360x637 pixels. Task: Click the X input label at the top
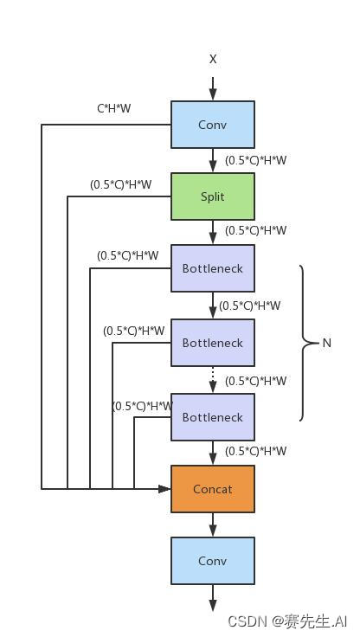coord(213,59)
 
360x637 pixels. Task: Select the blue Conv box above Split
coord(212,125)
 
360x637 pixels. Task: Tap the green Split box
coord(212,196)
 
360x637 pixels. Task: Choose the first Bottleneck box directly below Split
coord(212,268)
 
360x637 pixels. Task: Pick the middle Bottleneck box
coord(212,343)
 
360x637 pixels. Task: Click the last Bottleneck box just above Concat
coord(212,417)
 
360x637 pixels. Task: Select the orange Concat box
coord(212,489)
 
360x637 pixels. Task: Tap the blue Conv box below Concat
coord(212,561)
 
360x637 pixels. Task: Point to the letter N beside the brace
coord(326,343)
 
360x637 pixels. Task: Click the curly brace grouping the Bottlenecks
coord(305,343)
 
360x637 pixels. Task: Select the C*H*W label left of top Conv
coord(113,109)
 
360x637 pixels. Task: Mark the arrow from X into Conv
coord(213,87)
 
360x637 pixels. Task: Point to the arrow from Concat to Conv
coord(213,524)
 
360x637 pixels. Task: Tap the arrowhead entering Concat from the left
coord(164,489)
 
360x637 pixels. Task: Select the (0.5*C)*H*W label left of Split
coord(120,184)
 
